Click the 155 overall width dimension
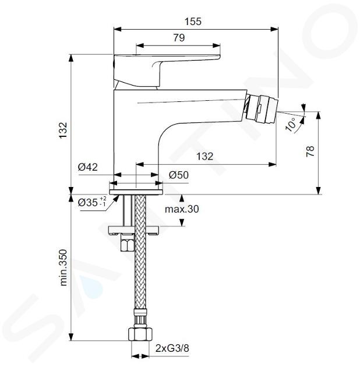(x=193, y=22)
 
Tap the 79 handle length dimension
(x=179, y=38)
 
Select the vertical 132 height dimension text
(x=63, y=130)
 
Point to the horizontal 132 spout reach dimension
(x=205, y=156)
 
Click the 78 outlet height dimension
(x=310, y=151)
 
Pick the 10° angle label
(x=291, y=125)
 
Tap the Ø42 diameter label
(x=88, y=167)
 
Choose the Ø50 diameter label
(x=179, y=175)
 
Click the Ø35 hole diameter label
(x=92, y=202)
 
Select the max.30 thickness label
(x=182, y=209)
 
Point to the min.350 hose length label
(x=63, y=268)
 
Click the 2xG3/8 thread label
(x=172, y=348)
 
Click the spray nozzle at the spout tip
(x=262, y=108)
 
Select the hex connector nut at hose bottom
(x=140, y=334)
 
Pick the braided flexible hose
(x=140, y=253)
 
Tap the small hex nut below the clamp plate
(x=126, y=243)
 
